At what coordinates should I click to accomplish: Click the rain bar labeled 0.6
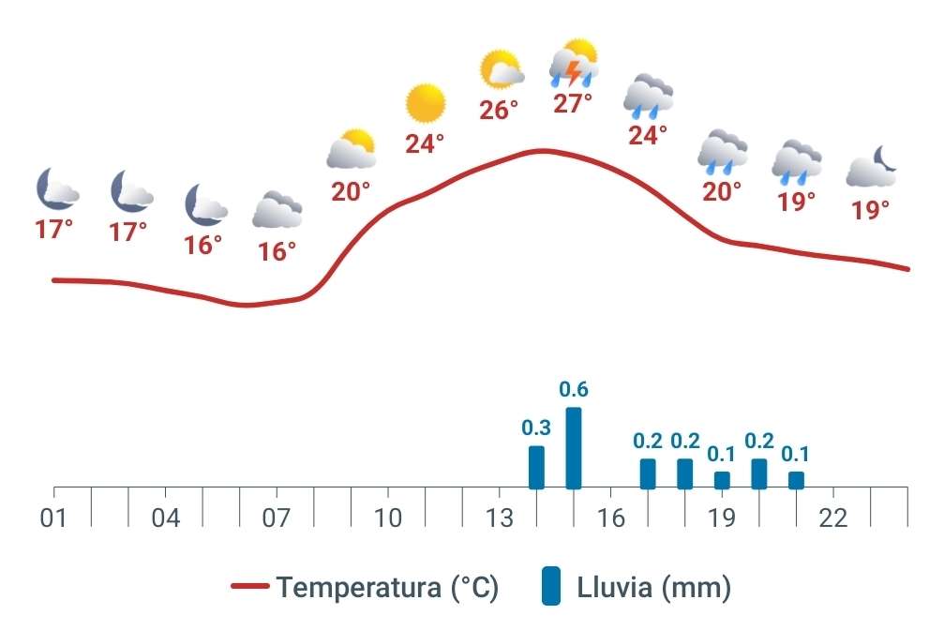pos(574,448)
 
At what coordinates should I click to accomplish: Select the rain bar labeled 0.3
pos(536,467)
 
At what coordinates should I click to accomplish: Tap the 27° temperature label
pos(573,103)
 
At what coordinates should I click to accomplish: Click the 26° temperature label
pos(499,111)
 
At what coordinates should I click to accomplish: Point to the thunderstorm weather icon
pos(574,64)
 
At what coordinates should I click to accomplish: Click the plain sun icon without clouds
pos(425,103)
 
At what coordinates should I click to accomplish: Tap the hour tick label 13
pos(499,518)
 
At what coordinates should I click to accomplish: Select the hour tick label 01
pos(53,518)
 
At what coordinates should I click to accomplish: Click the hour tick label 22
pos(832,518)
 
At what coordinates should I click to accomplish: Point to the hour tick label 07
pos(277,518)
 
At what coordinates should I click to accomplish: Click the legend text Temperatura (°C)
pos(387,588)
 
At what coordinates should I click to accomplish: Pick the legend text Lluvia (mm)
pos(653,588)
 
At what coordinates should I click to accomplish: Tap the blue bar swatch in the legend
pos(552,587)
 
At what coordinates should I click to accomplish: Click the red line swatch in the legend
pos(250,588)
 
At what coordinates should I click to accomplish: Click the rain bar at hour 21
pos(796,480)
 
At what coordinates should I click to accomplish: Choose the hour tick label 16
pos(610,518)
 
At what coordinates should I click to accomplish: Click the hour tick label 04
pos(165,518)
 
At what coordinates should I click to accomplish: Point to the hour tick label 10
pos(387,518)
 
